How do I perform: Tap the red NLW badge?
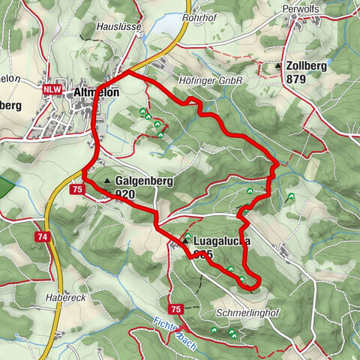[x=52, y=88]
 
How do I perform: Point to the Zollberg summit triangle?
[x=279, y=66]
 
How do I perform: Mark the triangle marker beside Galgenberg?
[x=108, y=181]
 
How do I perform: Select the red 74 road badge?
[x=42, y=236]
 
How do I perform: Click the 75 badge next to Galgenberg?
[x=77, y=190]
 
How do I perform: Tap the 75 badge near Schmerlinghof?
[x=175, y=309]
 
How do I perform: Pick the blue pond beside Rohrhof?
[x=168, y=27]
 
